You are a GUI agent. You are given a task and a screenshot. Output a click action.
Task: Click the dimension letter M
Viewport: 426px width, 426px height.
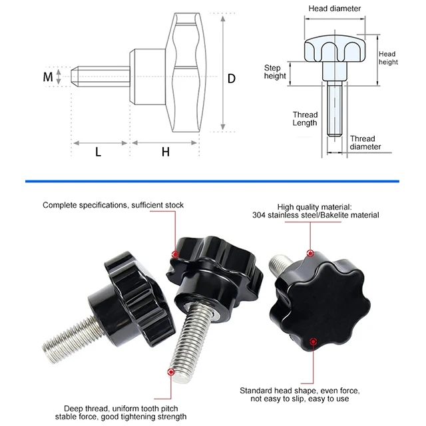coord(47,77)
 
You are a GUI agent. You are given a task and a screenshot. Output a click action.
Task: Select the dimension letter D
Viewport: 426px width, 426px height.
coord(232,78)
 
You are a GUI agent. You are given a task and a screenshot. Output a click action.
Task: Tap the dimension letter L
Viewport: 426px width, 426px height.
coord(98,152)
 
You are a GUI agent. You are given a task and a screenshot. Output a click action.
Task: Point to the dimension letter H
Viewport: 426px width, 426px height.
coord(166,152)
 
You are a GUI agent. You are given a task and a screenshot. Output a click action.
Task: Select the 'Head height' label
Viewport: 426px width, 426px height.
coord(387,58)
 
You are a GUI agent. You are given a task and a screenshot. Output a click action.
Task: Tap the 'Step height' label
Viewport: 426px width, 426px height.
coord(275,72)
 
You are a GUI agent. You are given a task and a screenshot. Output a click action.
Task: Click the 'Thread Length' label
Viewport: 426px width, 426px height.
coord(305,119)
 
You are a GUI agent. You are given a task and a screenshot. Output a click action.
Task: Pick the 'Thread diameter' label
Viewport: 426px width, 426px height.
coord(365,142)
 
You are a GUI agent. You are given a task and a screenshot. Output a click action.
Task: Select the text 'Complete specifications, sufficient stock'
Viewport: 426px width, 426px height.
coord(113,205)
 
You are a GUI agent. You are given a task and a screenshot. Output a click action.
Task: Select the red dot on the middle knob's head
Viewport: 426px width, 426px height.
coord(174,254)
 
